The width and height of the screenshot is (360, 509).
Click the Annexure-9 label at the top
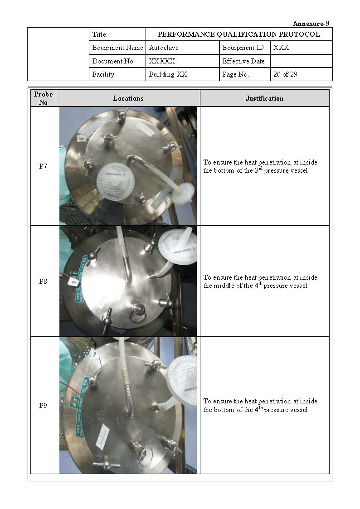(311, 24)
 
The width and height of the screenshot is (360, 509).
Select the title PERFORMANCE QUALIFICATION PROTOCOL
(238, 34)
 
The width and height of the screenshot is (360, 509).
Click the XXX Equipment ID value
(281, 48)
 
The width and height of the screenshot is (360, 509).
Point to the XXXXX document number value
(162, 61)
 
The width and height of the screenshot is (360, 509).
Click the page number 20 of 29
(285, 74)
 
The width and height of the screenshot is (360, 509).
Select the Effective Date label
(243, 61)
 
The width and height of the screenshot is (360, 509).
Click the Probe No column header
(43, 98)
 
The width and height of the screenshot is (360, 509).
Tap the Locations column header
(128, 98)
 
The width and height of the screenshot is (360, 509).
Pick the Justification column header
(264, 98)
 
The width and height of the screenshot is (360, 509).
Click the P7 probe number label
(43, 166)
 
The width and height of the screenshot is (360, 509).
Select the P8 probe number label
(43, 281)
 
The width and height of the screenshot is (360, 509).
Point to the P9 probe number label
(43, 406)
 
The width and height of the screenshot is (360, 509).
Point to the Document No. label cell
(113, 61)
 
